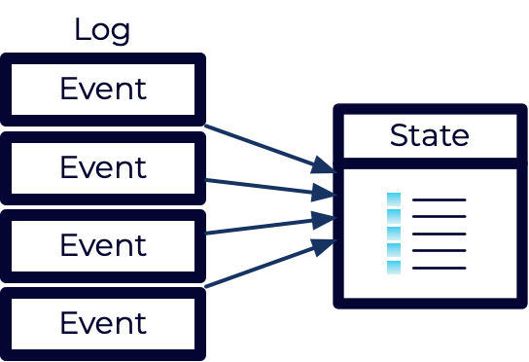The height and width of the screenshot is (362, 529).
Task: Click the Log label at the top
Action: coord(102,28)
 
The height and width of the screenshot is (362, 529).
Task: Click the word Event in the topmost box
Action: coord(103,90)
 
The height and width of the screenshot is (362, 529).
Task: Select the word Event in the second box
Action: coord(103,167)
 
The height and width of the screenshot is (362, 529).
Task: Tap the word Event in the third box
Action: coord(103,244)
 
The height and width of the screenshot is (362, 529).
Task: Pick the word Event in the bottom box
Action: coord(103,322)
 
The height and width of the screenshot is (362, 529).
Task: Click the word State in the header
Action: coord(429,136)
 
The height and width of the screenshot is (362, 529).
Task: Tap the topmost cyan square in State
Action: coord(394,199)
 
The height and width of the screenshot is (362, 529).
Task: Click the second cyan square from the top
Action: coord(394,216)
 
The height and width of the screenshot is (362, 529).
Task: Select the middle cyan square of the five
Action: coord(394,234)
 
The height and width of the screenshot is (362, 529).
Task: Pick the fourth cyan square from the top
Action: coord(394,250)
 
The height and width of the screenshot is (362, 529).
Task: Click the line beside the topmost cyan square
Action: coord(440,199)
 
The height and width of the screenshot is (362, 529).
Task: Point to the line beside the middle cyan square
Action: coord(440,234)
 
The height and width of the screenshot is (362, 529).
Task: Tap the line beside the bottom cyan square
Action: coord(440,268)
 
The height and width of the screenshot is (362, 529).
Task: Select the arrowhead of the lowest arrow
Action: coord(326,244)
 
